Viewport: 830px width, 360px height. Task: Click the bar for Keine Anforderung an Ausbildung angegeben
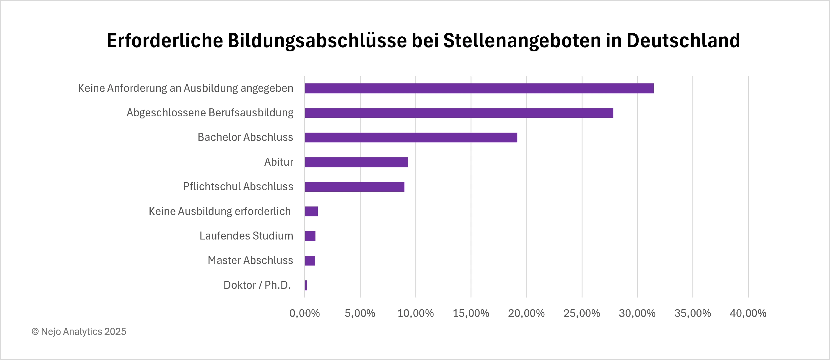tap(479, 88)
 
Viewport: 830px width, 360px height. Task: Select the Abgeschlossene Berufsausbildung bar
tap(459, 113)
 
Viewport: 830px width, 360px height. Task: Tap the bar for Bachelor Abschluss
tap(411, 138)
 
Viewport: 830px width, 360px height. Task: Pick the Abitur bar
tap(356, 162)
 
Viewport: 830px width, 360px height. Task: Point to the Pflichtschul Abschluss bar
tap(354, 187)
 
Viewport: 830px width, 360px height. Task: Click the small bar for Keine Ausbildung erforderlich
tap(311, 211)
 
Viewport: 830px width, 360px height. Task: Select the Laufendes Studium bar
tap(310, 236)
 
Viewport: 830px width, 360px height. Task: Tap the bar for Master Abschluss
tap(310, 260)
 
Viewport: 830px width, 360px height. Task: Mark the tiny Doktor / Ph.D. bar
tap(306, 285)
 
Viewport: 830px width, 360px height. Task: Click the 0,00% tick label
tap(305, 313)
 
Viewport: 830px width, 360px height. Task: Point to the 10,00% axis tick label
tap(415, 313)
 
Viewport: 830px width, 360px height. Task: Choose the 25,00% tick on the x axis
tap(582, 313)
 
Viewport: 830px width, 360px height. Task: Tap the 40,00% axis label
tap(748, 313)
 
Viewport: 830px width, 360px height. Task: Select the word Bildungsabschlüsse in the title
tap(317, 41)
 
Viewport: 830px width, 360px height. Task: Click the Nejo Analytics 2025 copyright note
tap(79, 332)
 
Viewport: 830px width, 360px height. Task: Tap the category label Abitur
tap(279, 162)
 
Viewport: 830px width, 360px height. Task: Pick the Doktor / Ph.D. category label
tap(257, 285)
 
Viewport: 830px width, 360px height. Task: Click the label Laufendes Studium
tap(246, 236)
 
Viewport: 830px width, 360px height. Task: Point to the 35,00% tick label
tap(692, 313)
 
